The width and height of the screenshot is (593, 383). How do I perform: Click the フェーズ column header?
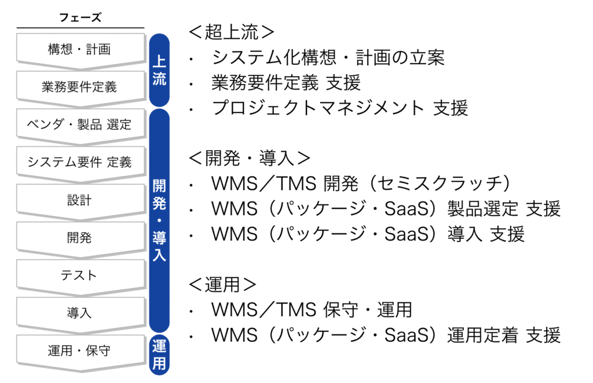pyautogui.click(x=80, y=17)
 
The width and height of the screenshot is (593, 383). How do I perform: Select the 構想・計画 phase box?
pyautogui.click(x=79, y=49)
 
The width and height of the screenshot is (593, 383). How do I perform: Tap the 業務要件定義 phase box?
pyautogui.click(x=79, y=87)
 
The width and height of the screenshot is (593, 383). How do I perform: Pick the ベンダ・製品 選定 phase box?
pyautogui.click(x=79, y=124)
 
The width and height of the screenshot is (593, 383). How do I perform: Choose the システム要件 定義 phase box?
pyautogui.click(x=79, y=162)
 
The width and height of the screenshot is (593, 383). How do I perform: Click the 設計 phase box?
pyautogui.click(x=79, y=200)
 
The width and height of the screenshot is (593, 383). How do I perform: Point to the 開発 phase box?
pyautogui.click(x=79, y=238)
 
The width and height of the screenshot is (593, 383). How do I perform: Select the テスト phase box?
pyautogui.click(x=79, y=275)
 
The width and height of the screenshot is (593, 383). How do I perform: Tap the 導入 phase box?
pyautogui.click(x=79, y=313)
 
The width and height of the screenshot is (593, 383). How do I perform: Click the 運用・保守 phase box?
pyautogui.click(x=79, y=351)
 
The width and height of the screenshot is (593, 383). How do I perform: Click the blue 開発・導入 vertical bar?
pyautogui.click(x=159, y=220)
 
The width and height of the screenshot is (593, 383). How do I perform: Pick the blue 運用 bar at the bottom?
pyautogui.click(x=159, y=355)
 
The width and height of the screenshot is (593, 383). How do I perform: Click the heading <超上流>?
pyautogui.click(x=232, y=32)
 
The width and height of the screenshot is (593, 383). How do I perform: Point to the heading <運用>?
pyautogui.click(x=223, y=284)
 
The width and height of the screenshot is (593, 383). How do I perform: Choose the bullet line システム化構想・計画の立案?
pyautogui.click(x=328, y=57)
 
